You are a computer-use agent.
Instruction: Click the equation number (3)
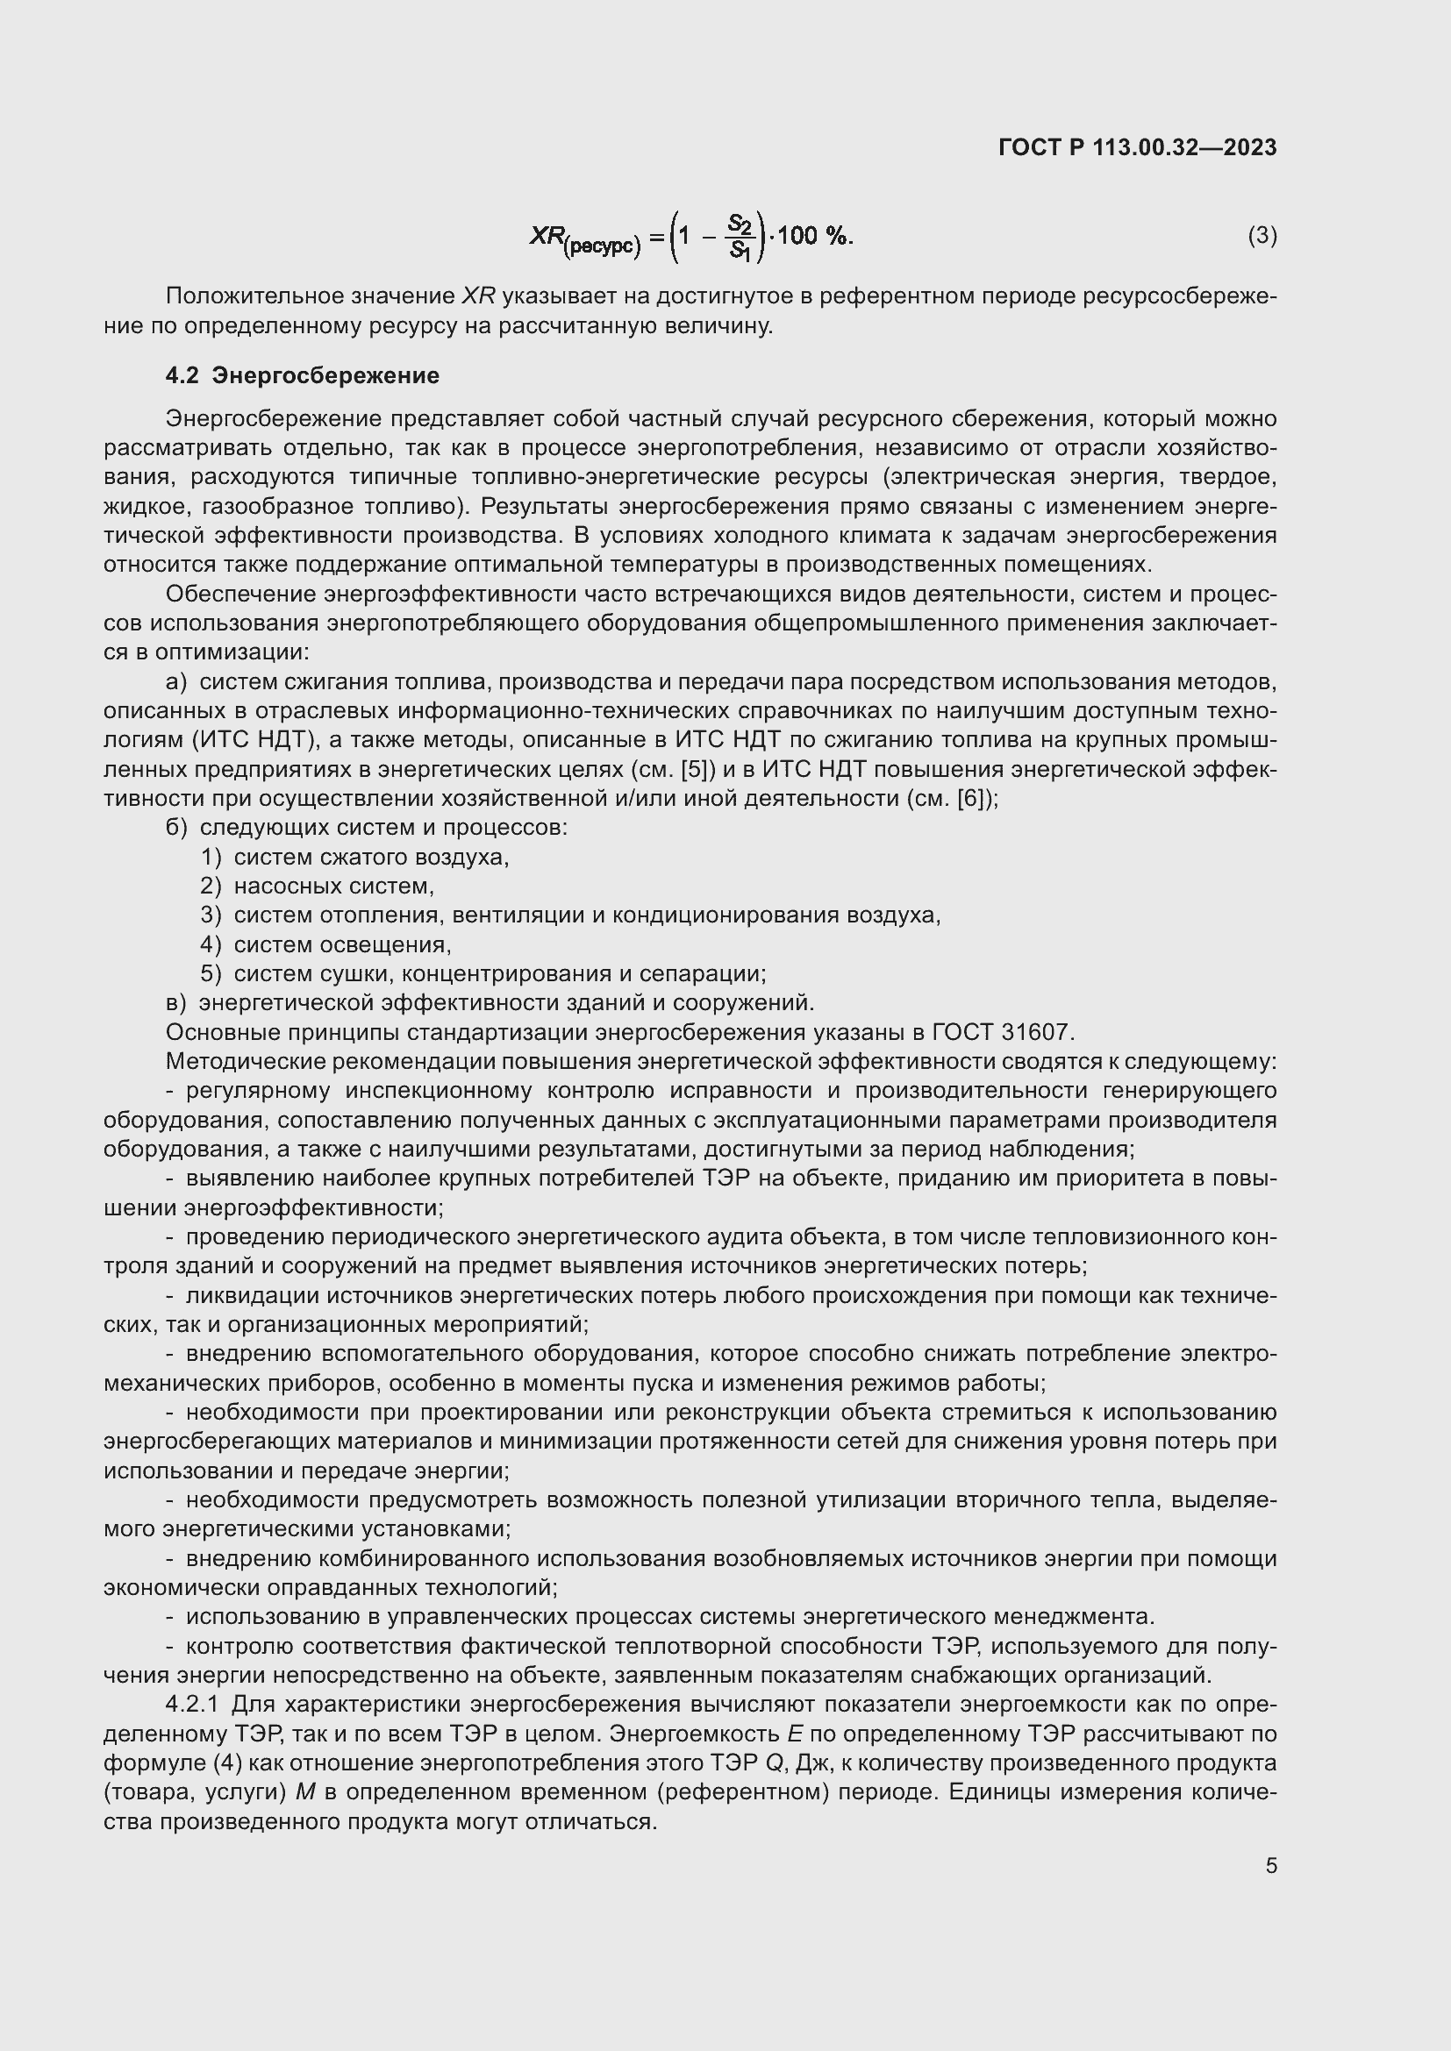click(x=1262, y=236)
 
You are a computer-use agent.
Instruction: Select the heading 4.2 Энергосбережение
click(x=302, y=376)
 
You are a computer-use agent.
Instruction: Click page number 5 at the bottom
click(x=1270, y=1866)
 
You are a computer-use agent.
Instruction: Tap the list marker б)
click(x=176, y=828)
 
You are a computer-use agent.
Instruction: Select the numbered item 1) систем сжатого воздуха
click(x=354, y=858)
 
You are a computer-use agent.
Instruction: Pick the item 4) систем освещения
click(x=326, y=945)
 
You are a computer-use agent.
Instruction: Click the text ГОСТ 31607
click(x=1002, y=1033)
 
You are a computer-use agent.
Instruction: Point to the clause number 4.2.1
click(x=192, y=1705)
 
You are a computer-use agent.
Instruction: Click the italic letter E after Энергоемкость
click(x=794, y=1734)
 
